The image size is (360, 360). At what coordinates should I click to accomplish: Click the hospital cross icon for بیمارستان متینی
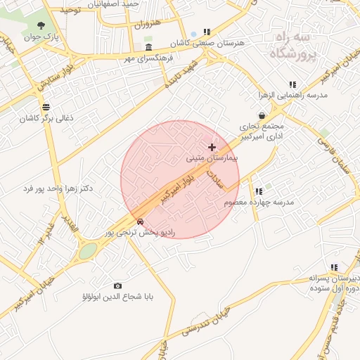click(x=212, y=147)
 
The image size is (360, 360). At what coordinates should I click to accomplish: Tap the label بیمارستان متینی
click(x=212, y=159)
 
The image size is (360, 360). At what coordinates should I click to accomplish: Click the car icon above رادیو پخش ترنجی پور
click(x=141, y=221)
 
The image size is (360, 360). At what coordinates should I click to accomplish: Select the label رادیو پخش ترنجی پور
click(x=141, y=231)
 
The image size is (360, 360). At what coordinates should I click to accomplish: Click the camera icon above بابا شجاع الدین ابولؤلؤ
click(x=117, y=285)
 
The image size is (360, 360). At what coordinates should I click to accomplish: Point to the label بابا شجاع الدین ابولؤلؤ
click(x=117, y=297)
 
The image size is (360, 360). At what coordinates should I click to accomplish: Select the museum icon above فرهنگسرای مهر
click(x=148, y=46)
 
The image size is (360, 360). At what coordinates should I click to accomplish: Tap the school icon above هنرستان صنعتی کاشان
click(x=207, y=32)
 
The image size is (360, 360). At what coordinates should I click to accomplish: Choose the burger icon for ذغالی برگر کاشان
click(x=46, y=107)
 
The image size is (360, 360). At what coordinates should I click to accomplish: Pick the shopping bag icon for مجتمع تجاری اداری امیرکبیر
click(x=262, y=115)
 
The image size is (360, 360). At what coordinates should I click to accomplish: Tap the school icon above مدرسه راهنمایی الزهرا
click(x=292, y=84)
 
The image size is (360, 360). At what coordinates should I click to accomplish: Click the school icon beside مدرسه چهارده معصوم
click(x=259, y=191)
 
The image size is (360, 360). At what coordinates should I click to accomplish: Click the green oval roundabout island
click(x=88, y=251)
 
